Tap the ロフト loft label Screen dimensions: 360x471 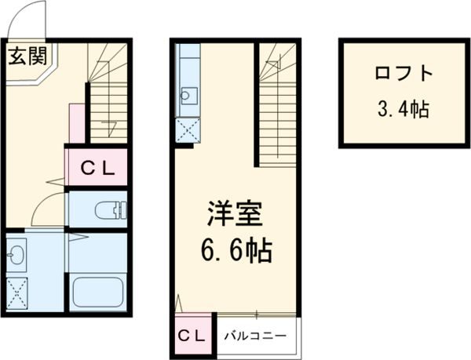point(403,75)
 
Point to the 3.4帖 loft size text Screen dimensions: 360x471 point(403,110)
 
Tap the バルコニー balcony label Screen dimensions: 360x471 point(254,335)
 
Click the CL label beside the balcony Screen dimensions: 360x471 point(192,334)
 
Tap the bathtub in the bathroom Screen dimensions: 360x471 point(98,293)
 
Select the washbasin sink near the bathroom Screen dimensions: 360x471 point(16,254)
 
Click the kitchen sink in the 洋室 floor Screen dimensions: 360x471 point(188,96)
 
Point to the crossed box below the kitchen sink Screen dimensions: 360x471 point(187,129)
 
